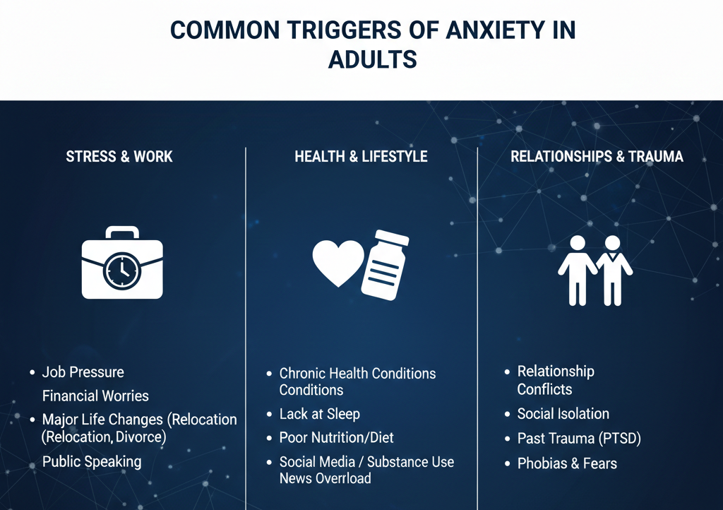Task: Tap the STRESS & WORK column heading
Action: coord(119,157)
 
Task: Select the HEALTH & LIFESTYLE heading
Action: coord(361,157)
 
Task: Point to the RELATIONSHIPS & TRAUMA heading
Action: coord(597,157)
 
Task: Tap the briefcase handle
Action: coord(121,232)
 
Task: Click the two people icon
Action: coord(595,269)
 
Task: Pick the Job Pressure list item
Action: coord(83,372)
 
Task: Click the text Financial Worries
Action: coord(95,396)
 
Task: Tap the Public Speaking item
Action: coord(92,462)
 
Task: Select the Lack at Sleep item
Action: coord(319,414)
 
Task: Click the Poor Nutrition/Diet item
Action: coord(336,438)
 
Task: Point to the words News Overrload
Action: coord(325,478)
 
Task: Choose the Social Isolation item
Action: coord(563,414)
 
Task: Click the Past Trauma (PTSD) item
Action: coord(578,439)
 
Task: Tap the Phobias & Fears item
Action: coord(567,464)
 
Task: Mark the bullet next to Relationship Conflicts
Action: coord(507,372)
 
